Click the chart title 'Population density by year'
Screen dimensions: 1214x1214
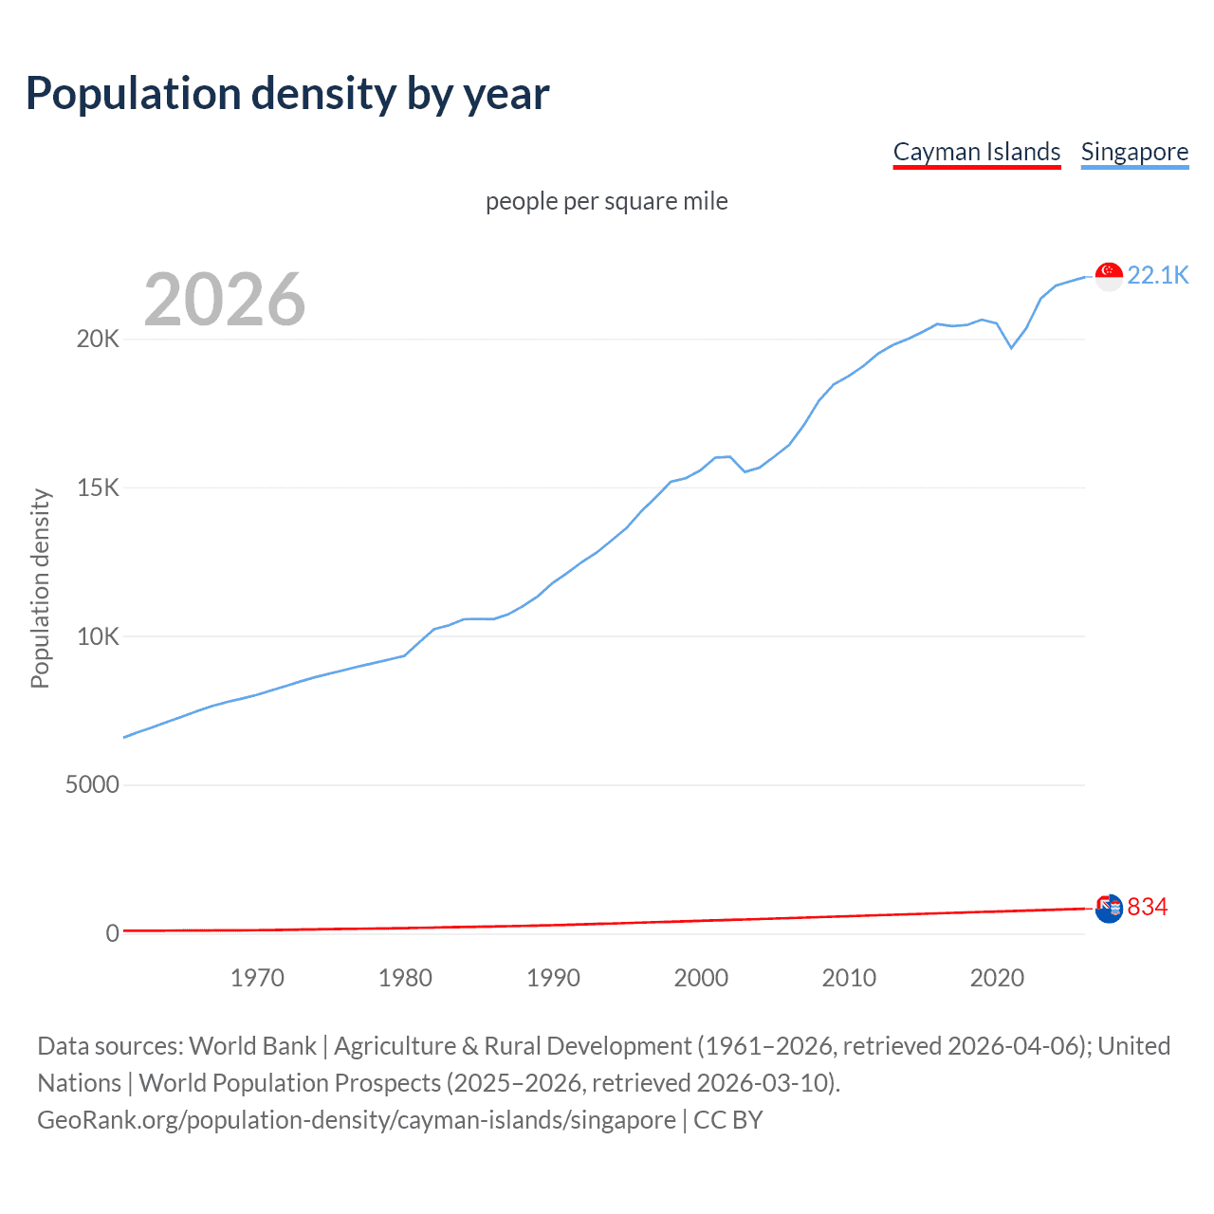[x=287, y=94]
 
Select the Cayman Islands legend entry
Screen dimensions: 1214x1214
[x=977, y=153]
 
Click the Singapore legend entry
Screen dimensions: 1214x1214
[x=1134, y=153]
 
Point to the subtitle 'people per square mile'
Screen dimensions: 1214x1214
[x=606, y=202]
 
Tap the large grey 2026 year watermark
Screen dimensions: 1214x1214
[x=225, y=300]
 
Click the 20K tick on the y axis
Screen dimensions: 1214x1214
[x=98, y=340]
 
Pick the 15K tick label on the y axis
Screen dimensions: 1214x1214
[x=98, y=488]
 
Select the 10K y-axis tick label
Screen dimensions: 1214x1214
[x=98, y=636]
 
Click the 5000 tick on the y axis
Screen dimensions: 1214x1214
[x=92, y=785]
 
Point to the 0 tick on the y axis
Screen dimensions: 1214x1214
[x=112, y=933]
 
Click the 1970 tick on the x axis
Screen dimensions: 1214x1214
[x=257, y=978]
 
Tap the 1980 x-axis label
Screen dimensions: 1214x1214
[x=405, y=978]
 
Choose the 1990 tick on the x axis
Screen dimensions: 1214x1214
[x=553, y=978]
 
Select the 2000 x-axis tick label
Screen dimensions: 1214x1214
[x=701, y=978]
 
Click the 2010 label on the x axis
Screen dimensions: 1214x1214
[x=849, y=978]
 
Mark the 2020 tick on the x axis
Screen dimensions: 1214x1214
[x=997, y=978]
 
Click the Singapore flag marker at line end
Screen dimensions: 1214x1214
[x=1109, y=276]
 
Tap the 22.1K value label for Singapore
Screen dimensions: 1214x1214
[x=1157, y=276]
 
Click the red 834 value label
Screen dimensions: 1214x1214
[x=1147, y=908]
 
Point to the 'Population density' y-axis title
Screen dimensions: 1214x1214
[x=40, y=588]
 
